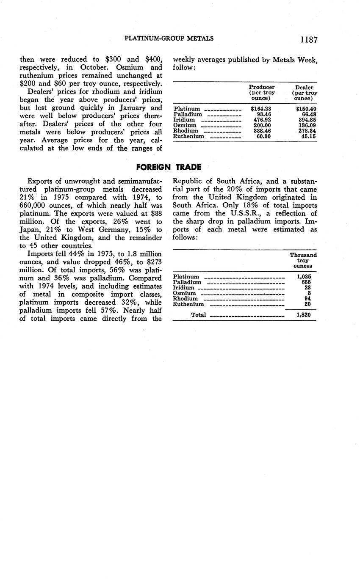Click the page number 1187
click(x=309, y=39)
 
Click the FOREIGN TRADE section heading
click(x=169, y=167)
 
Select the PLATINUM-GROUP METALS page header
click(x=169, y=39)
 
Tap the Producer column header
click(x=262, y=93)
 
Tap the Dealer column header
click(x=305, y=93)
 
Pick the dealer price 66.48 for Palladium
click(x=308, y=114)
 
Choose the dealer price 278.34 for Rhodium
click(x=307, y=131)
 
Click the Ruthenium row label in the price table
click(x=189, y=136)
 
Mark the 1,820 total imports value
click(x=305, y=315)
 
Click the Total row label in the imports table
click(x=199, y=315)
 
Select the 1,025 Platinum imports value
click(x=305, y=277)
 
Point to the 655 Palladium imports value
click(x=306, y=282)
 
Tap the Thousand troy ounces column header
click(x=303, y=260)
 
